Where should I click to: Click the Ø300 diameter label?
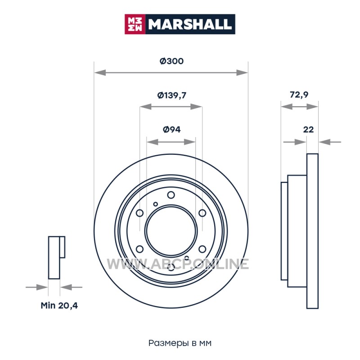click(x=171, y=61)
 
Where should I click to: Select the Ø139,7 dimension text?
click(x=171, y=95)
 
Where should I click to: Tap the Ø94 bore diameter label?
click(x=171, y=130)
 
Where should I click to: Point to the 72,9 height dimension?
click(x=299, y=94)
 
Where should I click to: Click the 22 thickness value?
click(x=308, y=130)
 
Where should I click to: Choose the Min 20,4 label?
click(x=59, y=306)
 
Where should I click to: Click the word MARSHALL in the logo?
click(x=189, y=24)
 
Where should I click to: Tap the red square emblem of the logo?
click(x=135, y=24)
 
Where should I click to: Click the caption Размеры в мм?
click(x=180, y=343)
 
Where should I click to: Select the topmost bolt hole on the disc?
click(x=171, y=195)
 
